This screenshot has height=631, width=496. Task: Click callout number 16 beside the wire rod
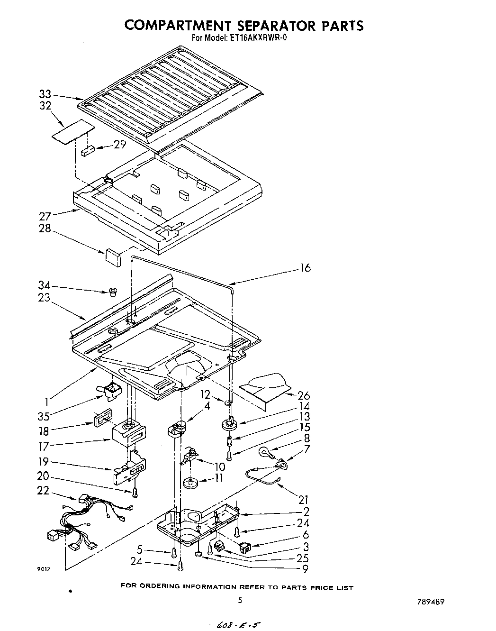pyautogui.click(x=306, y=268)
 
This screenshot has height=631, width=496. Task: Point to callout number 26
pyautogui.click(x=303, y=395)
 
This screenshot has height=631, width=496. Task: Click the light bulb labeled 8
pyautogui.click(x=263, y=452)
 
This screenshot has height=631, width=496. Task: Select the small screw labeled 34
pyautogui.click(x=113, y=292)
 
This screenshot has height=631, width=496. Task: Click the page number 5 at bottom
pyautogui.click(x=240, y=600)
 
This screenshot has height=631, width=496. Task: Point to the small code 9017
pyautogui.click(x=43, y=569)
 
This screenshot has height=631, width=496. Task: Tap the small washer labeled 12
pyautogui.click(x=228, y=402)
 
